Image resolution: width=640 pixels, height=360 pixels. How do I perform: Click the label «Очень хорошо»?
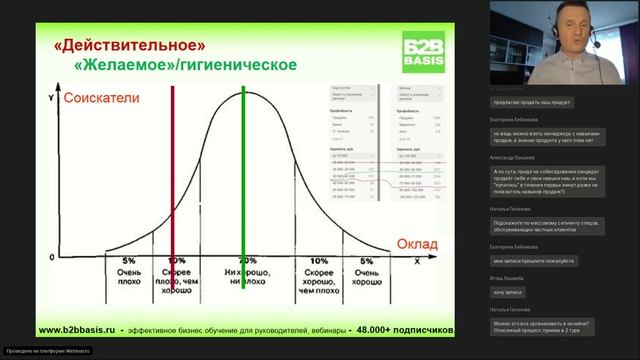pos(366,277)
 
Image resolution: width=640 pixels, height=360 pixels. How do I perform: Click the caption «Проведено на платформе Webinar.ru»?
pos(47,351)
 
